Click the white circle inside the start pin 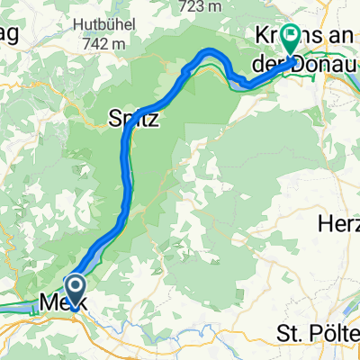click(x=76, y=287)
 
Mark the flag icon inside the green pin click(x=292, y=37)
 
